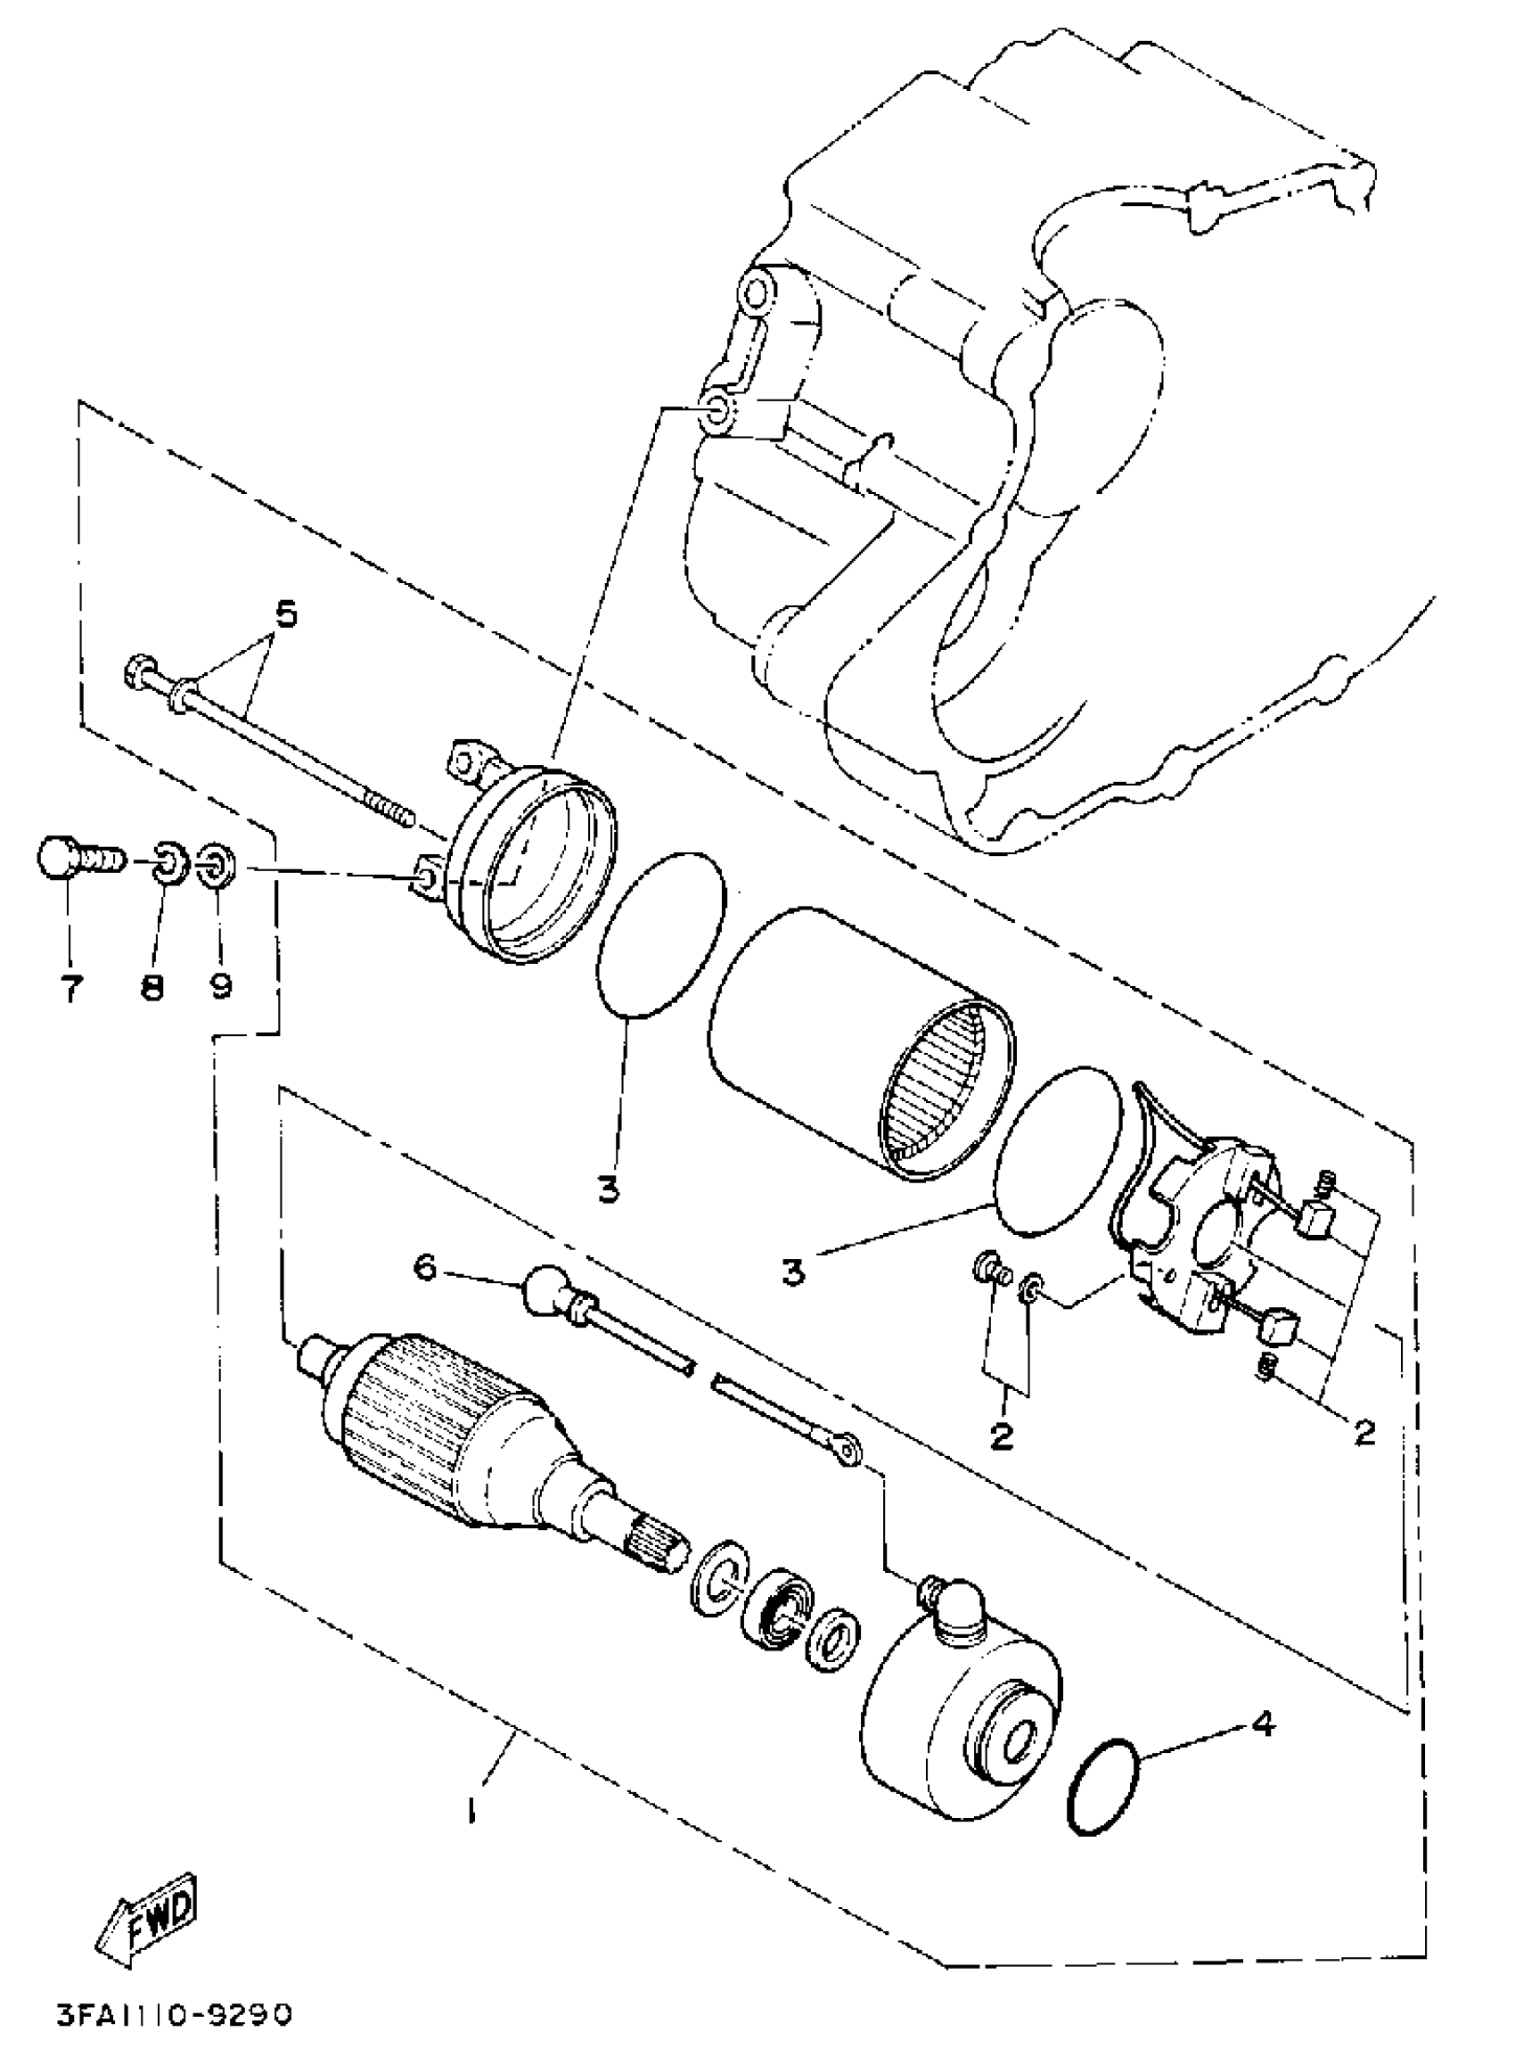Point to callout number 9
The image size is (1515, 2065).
(x=220, y=985)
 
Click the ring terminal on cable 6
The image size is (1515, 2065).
(x=848, y=1451)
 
